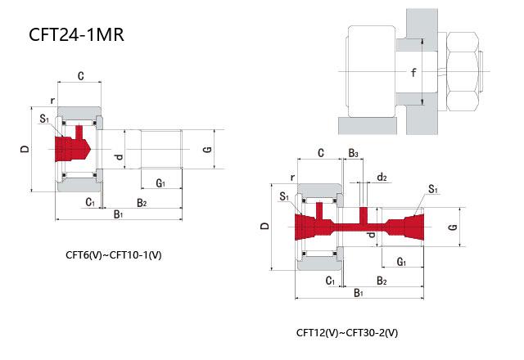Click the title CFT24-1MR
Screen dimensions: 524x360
(76, 34)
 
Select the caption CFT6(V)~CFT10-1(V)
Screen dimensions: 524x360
(114, 255)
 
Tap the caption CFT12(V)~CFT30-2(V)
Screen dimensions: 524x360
(347, 333)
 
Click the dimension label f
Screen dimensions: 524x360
(413, 72)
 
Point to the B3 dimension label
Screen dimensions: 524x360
(353, 153)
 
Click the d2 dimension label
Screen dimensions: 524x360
(382, 177)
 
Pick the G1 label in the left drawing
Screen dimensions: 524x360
(160, 182)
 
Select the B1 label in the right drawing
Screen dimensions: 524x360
(359, 293)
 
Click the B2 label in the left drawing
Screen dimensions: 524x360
(142, 202)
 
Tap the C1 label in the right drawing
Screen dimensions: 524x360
(330, 281)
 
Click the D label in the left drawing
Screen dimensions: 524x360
(25, 149)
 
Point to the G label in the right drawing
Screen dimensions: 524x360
(453, 227)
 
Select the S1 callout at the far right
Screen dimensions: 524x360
(433, 189)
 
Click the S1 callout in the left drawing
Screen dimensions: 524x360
(44, 119)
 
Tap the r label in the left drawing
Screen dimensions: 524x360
(52, 100)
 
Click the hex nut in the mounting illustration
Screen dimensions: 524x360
(463, 71)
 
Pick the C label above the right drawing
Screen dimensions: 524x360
(321, 153)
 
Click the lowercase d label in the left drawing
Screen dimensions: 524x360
(119, 155)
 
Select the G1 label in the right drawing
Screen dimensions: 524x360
(401, 262)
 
